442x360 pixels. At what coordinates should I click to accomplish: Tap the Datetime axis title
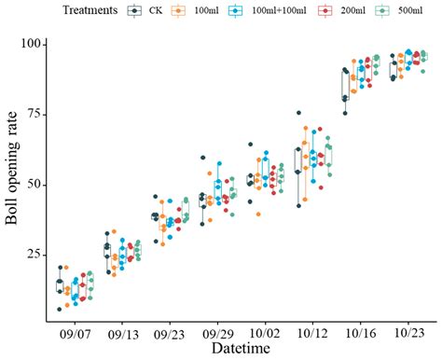(242, 349)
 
